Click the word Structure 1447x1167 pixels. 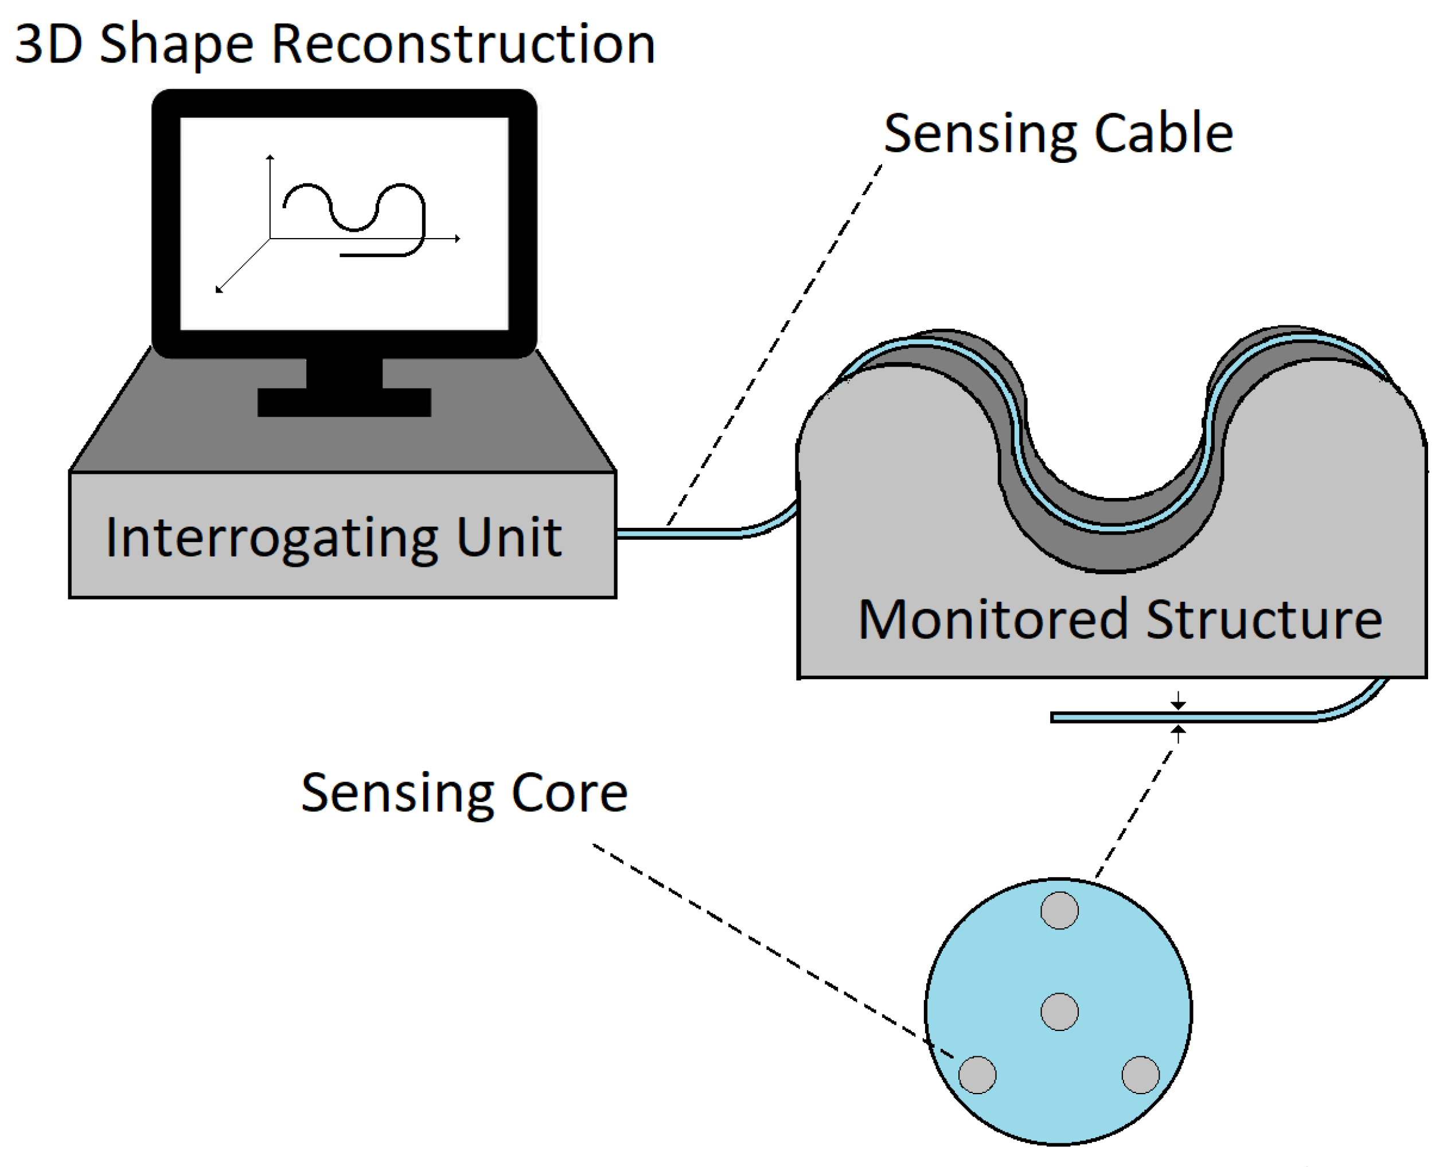click(1263, 619)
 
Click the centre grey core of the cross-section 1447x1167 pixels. click(1059, 1011)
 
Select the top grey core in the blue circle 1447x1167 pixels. click(1059, 910)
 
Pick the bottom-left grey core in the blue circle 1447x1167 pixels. click(977, 1074)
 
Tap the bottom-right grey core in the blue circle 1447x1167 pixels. click(1141, 1074)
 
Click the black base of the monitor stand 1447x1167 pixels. click(344, 402)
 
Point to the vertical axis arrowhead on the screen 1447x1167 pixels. click(270, 157)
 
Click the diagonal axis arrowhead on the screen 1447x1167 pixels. click(219, 290)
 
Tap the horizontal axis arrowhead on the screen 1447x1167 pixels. click(458, 238)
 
